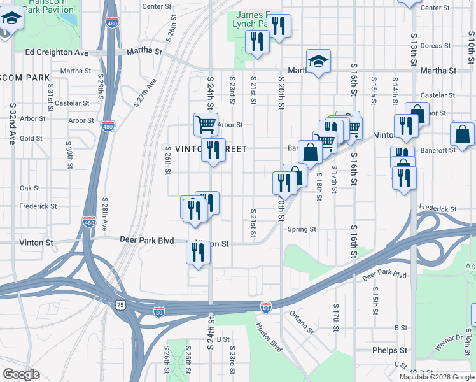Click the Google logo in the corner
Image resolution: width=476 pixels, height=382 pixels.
pos(21,374)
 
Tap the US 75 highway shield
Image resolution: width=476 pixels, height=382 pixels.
pos(120,306)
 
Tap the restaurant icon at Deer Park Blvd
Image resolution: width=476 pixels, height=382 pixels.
pos(198,252)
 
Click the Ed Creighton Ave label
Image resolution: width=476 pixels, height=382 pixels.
pos(57,52)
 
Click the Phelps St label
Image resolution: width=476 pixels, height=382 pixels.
pos(390,350)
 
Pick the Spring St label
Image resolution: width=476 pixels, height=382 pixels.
pos(302,229)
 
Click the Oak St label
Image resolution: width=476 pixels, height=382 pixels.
pos(30,188)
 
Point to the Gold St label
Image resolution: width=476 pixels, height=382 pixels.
pos(31,138)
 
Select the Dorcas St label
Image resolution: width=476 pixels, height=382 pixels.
pos(435,46)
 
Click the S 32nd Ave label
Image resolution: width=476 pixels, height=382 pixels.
pos(12,124)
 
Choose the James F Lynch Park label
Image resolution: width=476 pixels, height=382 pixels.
pos(253,19)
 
